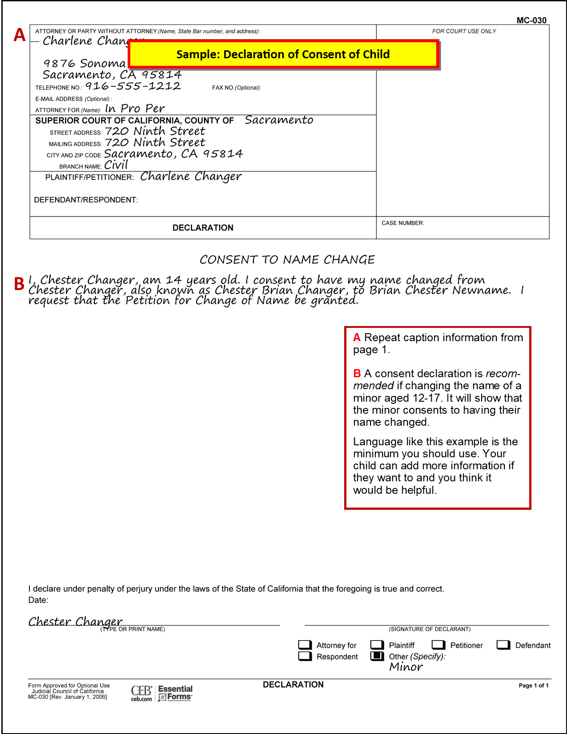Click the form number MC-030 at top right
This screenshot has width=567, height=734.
(531, 20)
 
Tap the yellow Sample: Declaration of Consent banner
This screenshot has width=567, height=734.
(283, 54)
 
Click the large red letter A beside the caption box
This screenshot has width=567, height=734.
(20, 35)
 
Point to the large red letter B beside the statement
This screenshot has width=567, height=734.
(19, 284)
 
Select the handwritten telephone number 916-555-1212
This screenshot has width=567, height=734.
(133, 86)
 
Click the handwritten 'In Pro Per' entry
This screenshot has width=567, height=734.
(135, 109)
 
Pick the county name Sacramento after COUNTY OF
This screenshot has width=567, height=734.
(279, 120)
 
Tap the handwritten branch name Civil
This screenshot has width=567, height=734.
(116, 165)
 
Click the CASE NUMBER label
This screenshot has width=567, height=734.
(402, 223)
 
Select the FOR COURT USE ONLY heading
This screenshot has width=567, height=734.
(464, 31)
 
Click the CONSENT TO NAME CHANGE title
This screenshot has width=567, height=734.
(287, 259)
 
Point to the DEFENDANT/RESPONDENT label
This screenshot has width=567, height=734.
(86, 200)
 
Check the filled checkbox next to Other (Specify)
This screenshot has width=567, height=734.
(377, 656)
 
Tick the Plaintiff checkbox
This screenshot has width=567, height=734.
(377, 645)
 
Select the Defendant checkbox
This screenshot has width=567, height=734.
(503, 645)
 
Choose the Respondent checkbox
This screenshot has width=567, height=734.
(305, 656)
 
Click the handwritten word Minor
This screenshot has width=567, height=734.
(406, 667)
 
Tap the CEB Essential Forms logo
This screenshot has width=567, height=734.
(161, 693)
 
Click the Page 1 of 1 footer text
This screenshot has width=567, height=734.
(533, 686)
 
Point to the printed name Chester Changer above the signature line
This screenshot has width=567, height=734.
(76, 621)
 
